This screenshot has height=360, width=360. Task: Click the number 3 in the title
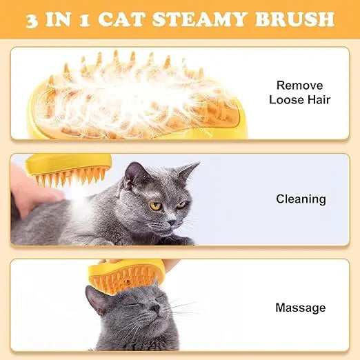point(32,19)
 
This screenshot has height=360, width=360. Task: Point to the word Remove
point(299,86)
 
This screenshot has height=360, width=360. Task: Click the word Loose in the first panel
point(286,100)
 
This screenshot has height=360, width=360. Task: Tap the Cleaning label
point(301,199)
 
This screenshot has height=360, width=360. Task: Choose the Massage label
point(300,308)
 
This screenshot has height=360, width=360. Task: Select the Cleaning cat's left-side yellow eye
point(155,206)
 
